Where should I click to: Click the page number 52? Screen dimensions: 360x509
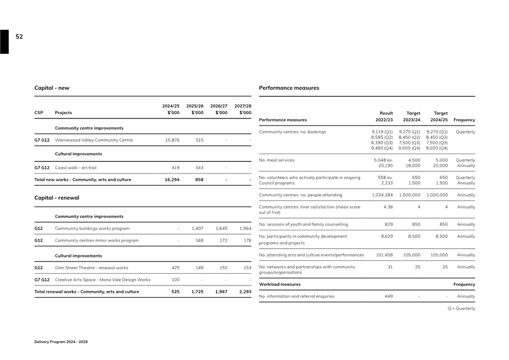(x=19, y=37)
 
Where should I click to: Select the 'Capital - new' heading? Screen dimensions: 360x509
(x=52, y=88)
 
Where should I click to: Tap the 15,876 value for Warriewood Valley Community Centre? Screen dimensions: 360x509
(x=172, y=140)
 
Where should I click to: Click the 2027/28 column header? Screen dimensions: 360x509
(x=243, y=109)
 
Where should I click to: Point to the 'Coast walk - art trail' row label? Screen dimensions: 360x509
(x=76, y=167)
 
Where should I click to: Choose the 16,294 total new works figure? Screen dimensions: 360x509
(x=172, y=180)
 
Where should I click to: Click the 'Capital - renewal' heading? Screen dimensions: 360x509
(x=57, y=198)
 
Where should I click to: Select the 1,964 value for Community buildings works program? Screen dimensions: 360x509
(x=245, y=229)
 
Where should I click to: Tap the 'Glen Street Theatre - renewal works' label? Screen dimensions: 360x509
(x=91, y=268)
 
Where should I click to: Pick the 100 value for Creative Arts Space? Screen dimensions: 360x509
(x=175, y=280)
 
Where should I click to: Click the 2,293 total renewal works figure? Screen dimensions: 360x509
(x=245, y=292)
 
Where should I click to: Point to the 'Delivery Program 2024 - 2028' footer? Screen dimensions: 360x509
(x=61, y=342)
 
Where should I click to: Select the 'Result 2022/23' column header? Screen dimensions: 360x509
(x=384, y=116)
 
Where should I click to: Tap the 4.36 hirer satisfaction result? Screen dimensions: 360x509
(x=388, y=207)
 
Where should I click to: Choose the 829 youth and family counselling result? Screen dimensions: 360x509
(x=389, y=224)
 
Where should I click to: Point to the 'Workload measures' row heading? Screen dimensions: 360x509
(x=280, y=284)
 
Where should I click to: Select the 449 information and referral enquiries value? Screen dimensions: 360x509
(x=389, y=297)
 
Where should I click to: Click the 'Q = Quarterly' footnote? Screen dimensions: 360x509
(x=462, y=308)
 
